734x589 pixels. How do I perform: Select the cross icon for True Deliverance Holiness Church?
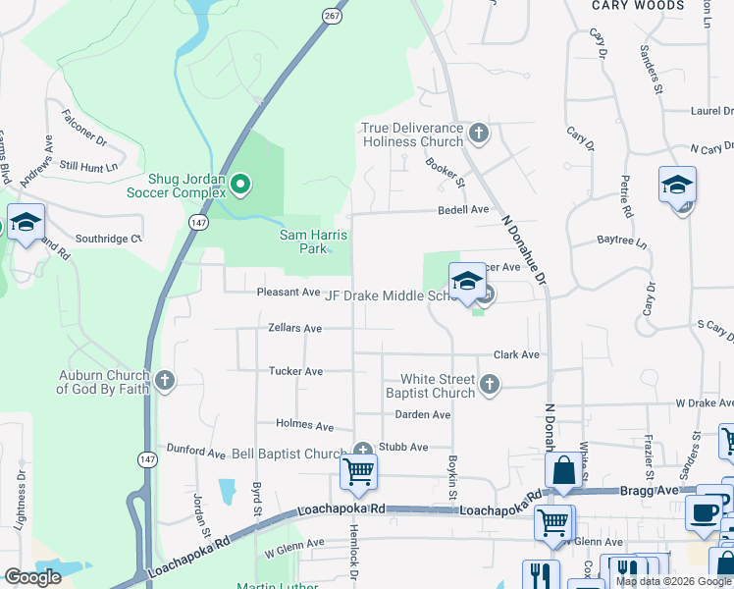pos(478,133)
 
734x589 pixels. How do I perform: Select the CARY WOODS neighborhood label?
pos(637,6)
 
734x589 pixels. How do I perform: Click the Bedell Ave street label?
pos(463,210)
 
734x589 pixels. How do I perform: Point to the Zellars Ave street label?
pos(294,328)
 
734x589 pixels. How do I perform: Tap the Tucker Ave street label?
pos(295,371)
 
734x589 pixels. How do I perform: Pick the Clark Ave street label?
pos(516,354)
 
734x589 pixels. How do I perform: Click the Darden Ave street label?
pos(423,415)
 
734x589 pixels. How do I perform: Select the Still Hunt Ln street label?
pos(88,166)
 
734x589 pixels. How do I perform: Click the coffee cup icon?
pos(703,513)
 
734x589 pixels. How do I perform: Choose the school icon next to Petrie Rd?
pos(677,187)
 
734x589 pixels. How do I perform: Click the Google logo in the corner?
pos(32,577)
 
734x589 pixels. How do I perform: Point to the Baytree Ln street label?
pos(622,241)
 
